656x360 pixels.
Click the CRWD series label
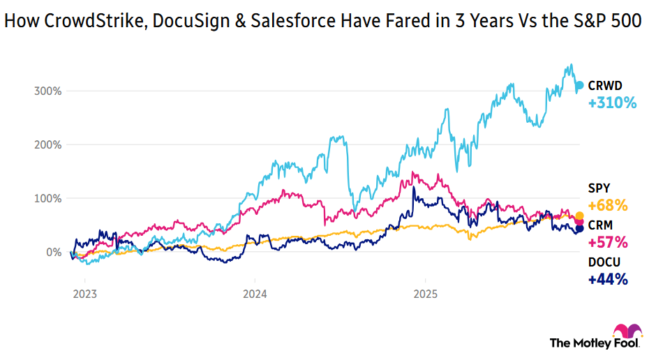(x=604, y=86)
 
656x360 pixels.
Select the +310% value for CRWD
(x=612, y=103)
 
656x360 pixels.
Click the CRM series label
(x=601, y=225)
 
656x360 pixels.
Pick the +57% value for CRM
(x=608, y=243)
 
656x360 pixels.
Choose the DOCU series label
(x=604, y=262)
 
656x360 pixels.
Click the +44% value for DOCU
(x=608, y=280)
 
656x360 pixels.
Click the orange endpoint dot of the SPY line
(x=579, y=216)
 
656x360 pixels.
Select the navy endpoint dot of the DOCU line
(x=579, y=229)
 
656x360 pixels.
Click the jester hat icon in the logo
(x=623, y=331)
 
